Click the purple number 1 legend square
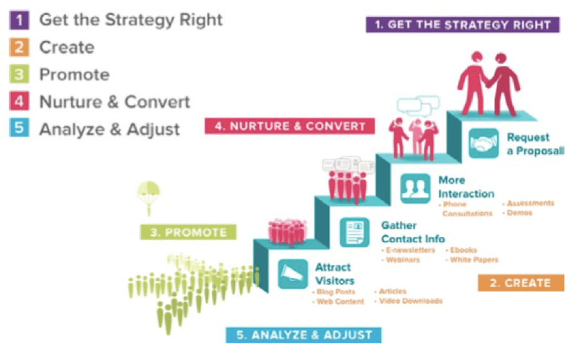19,20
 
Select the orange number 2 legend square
19,47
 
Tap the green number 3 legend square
19,74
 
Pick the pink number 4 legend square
19,101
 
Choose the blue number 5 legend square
19,128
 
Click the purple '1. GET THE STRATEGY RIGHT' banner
462,24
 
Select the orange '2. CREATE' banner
521,282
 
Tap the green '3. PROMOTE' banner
188,232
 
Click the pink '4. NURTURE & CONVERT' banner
290,126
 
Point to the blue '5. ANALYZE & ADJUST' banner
304,335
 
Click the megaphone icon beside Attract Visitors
293,274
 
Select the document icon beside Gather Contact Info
355,232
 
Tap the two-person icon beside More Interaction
416,189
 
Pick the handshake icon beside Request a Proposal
484,143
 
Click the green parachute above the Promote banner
148,197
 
